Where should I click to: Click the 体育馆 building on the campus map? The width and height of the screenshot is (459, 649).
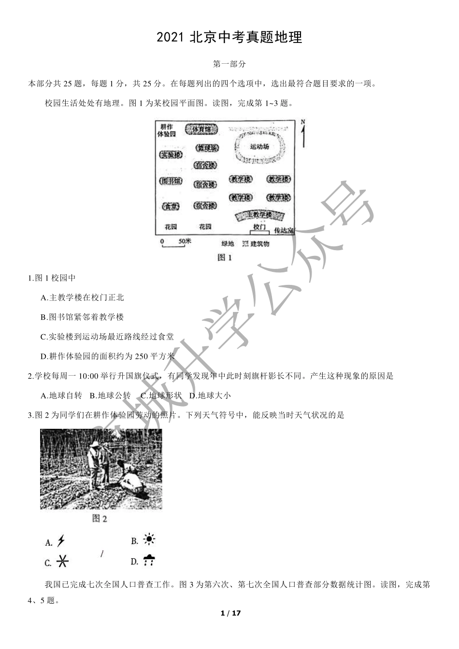coord(201,129)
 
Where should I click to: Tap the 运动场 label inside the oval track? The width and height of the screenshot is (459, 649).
coord(259,146)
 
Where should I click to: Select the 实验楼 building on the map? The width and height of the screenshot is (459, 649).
coord(172,155)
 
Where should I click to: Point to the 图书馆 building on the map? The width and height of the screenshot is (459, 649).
coord(171,182)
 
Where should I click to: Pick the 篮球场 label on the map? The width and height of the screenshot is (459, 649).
coord(207,148)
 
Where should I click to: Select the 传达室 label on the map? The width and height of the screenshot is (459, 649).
coord(284,230)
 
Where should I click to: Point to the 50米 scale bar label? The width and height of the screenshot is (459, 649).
coord(185,241)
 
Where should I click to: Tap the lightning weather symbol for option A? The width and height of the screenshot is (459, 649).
coord(61,541)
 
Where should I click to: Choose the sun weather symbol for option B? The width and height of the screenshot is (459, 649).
coord(149,540)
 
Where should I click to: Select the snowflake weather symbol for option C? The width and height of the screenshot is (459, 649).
coord(62,561)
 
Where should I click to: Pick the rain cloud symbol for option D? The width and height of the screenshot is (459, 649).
coord(149,560)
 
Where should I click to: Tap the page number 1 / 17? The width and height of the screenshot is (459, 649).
coord(230,613)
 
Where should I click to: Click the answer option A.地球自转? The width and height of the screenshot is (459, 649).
coord(61,395)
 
